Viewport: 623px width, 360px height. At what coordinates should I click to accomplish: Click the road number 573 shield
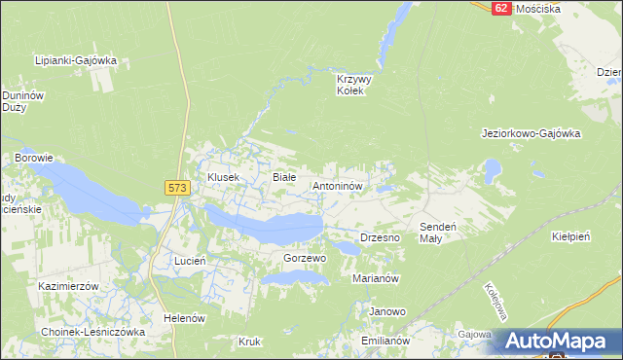[176, 188]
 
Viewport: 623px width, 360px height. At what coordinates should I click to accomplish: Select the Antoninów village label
[337, 184]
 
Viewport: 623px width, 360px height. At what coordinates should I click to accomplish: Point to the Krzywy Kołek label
[349, 85]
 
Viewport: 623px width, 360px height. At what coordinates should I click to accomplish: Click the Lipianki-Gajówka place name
[75, 60]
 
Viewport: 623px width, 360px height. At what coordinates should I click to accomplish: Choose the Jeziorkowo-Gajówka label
[531, 133]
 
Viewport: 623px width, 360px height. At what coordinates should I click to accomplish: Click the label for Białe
[283, 177]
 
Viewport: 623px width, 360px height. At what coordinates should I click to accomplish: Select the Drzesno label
[381, 237]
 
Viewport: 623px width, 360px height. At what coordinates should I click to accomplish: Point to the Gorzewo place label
[304, 258]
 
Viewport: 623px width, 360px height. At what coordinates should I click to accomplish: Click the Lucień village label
[189, 262]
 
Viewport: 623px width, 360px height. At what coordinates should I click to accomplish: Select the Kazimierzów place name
[69, 287]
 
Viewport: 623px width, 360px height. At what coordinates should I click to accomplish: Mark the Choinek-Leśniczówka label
[93, 332]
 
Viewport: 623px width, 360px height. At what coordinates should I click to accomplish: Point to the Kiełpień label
[571, 236]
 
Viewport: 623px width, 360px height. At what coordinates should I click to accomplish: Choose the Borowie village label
[33, 157]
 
